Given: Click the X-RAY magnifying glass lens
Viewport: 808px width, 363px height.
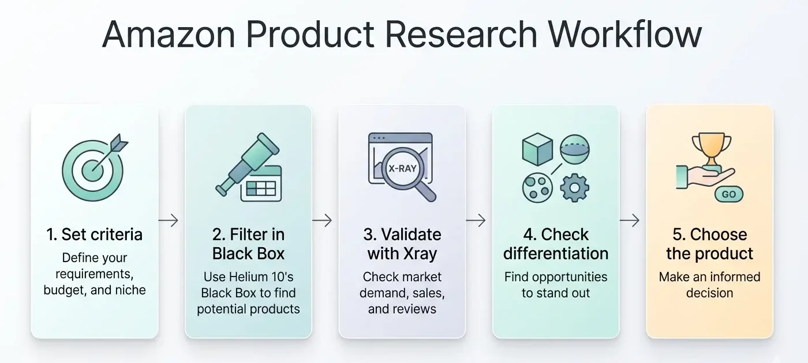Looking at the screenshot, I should [x=402, y=169].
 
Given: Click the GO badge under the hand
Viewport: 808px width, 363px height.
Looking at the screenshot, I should [x=728, y=194].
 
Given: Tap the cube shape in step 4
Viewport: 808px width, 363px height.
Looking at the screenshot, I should [x=537, y=150].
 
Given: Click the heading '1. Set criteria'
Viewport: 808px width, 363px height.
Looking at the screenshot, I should [x=94, y=235].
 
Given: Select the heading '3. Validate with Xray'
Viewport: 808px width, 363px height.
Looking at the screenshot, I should [x=402, y=244].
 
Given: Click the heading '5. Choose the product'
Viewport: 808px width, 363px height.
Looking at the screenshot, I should [x=709, y=244].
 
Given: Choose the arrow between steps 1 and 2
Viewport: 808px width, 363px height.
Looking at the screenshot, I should [x=168, y=220].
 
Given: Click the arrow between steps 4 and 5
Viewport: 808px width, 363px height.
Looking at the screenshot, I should [x=629, y=220].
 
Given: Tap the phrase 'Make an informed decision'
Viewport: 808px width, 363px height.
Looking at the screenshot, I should [x=709, y=285].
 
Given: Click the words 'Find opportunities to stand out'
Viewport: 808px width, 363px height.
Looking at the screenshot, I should [x=556, y=285].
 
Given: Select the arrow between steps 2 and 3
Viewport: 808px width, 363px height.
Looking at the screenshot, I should [x=322, y=220].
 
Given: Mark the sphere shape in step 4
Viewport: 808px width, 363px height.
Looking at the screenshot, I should [x=575, y=150].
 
